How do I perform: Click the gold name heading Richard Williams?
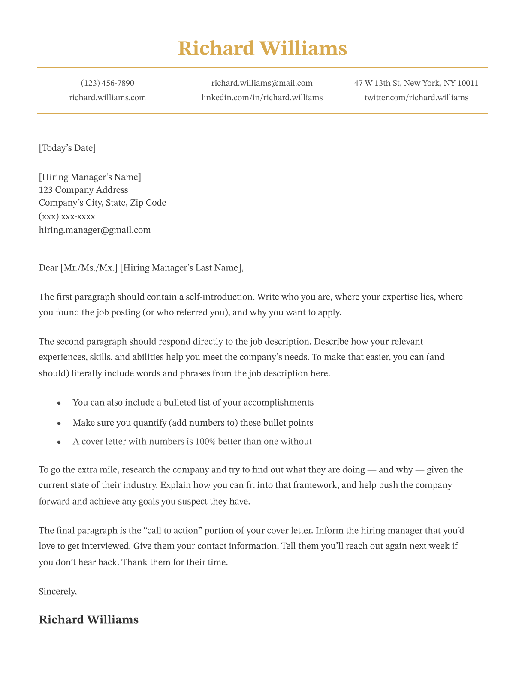tap(262, 48)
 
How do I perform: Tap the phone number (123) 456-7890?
tap(108, 83)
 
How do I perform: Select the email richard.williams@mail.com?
tap(262, 83)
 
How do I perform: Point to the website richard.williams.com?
tap(108, 98)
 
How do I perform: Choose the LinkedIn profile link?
tap(262, 98)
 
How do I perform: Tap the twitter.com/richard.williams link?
tap(416, 98)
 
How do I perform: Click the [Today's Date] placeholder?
tap(67, 148)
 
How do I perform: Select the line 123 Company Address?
tap(83, 190)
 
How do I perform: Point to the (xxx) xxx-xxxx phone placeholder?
tap(67, 216)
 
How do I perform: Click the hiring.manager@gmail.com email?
tap(95, 230)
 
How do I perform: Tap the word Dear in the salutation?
tap(48, 268)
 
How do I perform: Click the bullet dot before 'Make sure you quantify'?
tap(59, 424)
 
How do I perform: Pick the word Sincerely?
tap(57, 592)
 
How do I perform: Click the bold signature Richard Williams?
tap(88, 620)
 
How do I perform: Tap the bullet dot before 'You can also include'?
tap(59, 403)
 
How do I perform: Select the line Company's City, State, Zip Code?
tap(102, 203)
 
